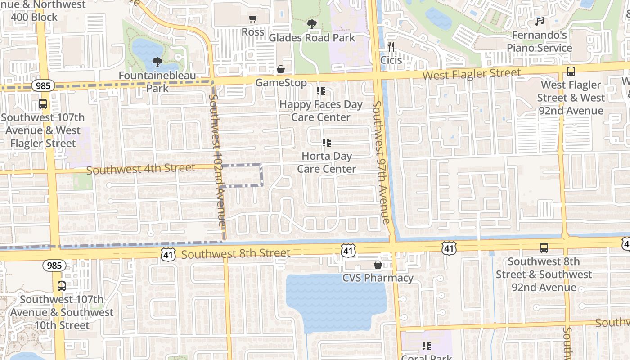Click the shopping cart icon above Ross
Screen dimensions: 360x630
(253, 19)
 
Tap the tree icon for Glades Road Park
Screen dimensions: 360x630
(311, 24)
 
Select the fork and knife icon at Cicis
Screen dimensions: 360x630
(391, 47)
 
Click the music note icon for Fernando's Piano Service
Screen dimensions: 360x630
(540, 21)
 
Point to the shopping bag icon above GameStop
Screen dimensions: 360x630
(281, 69)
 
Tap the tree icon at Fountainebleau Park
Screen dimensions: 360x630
(157, 62)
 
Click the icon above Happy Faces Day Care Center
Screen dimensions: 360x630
(321, 91)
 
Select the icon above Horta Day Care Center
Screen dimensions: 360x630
(327, 143)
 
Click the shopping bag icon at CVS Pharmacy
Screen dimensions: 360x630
(378, 265)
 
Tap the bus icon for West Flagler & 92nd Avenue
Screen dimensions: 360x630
(571, 71)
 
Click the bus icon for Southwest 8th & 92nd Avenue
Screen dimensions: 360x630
(544, 247)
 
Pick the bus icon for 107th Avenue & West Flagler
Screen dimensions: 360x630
(43, 104)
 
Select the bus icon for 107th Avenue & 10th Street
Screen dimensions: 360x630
(62, 286)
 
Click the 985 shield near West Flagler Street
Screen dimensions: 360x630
(43, 85)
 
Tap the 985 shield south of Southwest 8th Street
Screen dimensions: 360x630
(54, 265)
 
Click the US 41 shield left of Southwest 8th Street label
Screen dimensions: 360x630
(168, 255)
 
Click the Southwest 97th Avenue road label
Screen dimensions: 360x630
(381, 162)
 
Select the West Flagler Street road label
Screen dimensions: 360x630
(471, 74)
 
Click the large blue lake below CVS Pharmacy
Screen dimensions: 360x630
(335, 301)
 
